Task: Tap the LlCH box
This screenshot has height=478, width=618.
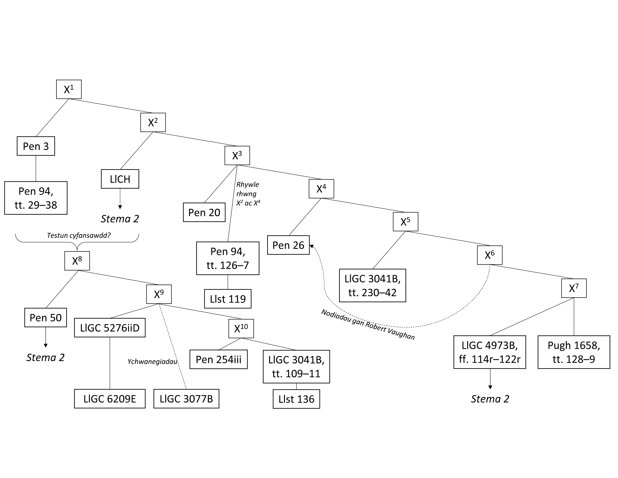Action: (120, 179)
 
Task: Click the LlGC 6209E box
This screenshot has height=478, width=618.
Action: (110, 399)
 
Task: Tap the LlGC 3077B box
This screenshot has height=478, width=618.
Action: (186, 399)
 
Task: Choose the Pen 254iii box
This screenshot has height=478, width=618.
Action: (218, 359)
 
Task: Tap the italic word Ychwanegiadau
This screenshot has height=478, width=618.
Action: (152, 362)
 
